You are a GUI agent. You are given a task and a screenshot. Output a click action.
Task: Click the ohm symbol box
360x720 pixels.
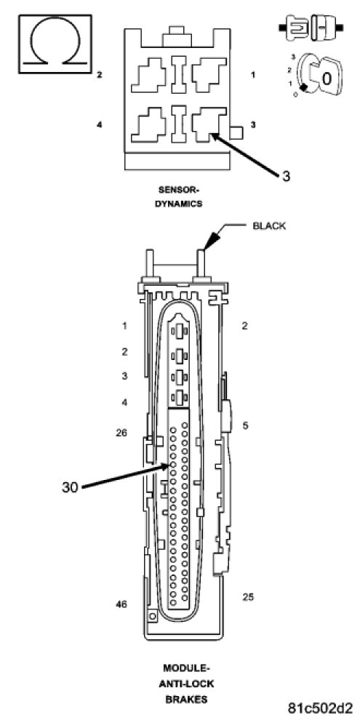[x=55, y=44]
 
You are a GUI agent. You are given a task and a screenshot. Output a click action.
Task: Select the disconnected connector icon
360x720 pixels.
[x=311, y=28]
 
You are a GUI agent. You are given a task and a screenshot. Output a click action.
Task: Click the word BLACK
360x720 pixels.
[x=269, y=226]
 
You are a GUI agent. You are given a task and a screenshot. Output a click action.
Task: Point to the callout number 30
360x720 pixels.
[x=70, y=487]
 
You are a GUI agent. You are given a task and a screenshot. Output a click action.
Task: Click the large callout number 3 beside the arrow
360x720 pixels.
[x=286, y=176]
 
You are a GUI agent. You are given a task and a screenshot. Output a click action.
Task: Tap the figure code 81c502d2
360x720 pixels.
[x=321, y=708]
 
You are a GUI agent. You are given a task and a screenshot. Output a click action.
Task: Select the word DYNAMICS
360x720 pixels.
[x=178, y=204]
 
